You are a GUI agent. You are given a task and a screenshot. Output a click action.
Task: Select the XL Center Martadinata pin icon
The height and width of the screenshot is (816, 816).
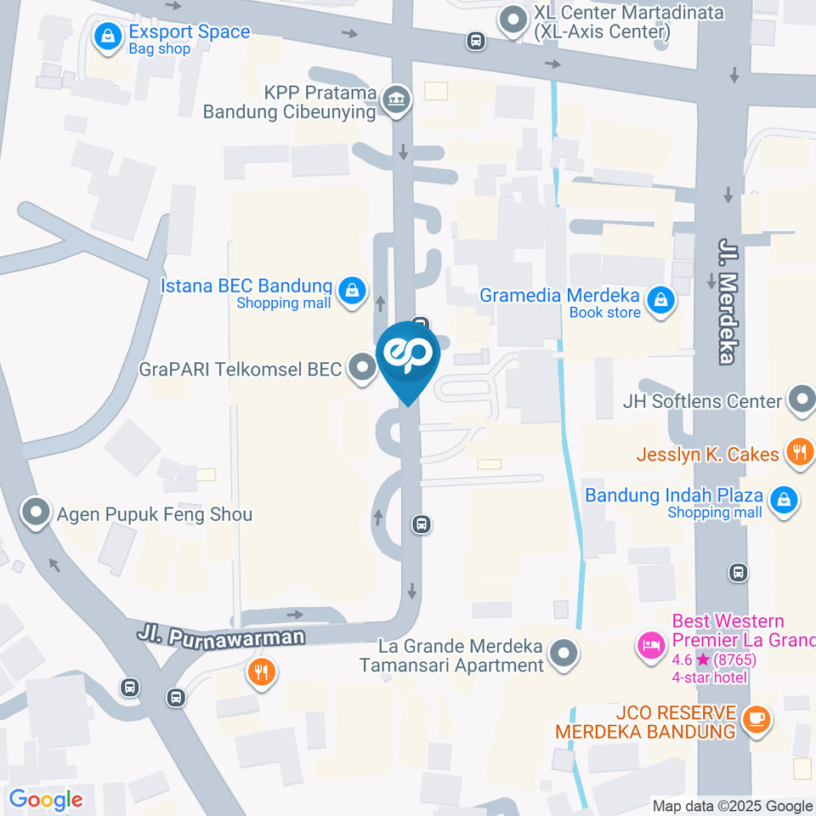513,20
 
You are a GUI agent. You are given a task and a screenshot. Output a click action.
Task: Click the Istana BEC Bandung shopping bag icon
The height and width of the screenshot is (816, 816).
350,292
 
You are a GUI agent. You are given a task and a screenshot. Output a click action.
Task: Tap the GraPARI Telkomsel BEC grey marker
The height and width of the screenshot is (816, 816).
363,368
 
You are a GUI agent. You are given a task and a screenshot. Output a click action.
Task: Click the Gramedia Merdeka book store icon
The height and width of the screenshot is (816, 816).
660,300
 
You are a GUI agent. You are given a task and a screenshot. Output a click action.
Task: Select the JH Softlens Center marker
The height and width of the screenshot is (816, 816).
801,399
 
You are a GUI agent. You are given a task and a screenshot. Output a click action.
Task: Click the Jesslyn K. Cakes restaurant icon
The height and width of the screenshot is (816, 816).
799,452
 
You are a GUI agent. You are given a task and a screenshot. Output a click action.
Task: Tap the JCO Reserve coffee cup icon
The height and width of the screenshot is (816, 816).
755,719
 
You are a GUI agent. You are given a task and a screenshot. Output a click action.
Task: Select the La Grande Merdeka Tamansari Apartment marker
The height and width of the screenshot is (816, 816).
562,654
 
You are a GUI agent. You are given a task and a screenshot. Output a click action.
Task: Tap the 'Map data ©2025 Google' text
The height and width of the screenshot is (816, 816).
733,806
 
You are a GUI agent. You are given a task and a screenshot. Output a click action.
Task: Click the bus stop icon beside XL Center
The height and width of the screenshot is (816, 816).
476,40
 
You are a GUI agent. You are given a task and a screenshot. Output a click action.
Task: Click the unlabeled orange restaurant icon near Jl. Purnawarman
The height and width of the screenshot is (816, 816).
260,673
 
